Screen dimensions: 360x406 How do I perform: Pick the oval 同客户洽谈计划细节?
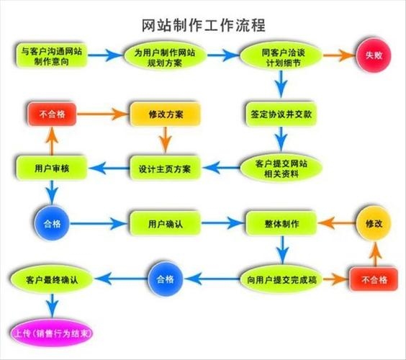pos(281,55)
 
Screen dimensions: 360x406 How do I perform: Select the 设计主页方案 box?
pos(164,168)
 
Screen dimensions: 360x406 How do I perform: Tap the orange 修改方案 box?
pos(164,113)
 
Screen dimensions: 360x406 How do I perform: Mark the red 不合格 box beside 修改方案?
pos(52,113)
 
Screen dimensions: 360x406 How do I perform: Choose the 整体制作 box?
pos(281,222)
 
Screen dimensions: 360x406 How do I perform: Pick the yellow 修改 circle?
pos(374,223)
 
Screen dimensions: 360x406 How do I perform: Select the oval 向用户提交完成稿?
pos(281,277)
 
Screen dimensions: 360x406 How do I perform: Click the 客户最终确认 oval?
pos(50,277)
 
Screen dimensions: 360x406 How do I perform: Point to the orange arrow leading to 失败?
pos(338,55)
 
